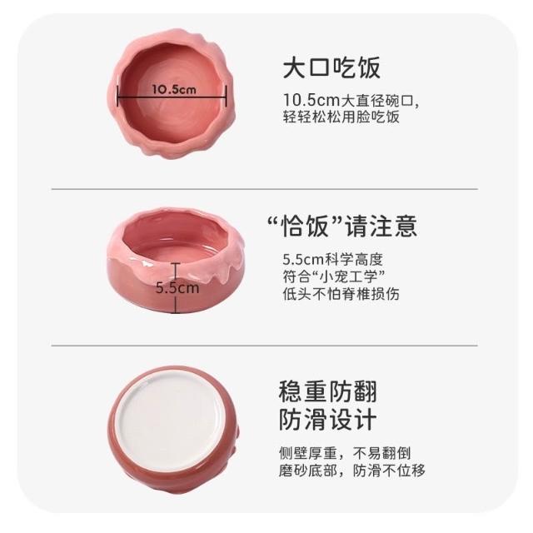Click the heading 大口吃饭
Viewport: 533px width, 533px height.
coord(331,68)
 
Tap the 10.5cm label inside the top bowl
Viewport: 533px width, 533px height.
coord(174,90)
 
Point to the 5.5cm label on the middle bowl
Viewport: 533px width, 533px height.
coord(177,288)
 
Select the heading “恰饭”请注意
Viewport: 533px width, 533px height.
coord(342,226)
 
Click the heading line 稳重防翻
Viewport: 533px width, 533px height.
coord(327,391)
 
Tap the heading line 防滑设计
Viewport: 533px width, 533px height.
coord(327,420)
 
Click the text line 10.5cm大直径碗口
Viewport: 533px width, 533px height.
coord(351,100)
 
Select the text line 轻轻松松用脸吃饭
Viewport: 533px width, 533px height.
coord(341,117)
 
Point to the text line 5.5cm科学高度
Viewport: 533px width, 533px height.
coord(333,260)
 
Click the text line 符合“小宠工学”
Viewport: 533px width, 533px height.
coord(334,276)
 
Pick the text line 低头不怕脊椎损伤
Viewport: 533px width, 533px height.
coord(341,294)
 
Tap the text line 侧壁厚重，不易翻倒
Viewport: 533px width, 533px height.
coord(345,453)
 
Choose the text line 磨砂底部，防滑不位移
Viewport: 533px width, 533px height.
coord(351,471)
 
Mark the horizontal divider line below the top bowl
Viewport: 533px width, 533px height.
coord(265,189)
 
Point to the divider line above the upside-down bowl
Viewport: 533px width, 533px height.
coord(265,346)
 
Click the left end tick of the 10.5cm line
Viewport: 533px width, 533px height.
coord(117,96)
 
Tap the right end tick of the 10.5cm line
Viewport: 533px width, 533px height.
coord(226,96)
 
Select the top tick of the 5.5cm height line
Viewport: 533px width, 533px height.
coord(176,263)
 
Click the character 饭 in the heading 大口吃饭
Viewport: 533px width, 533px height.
coord(368,68)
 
